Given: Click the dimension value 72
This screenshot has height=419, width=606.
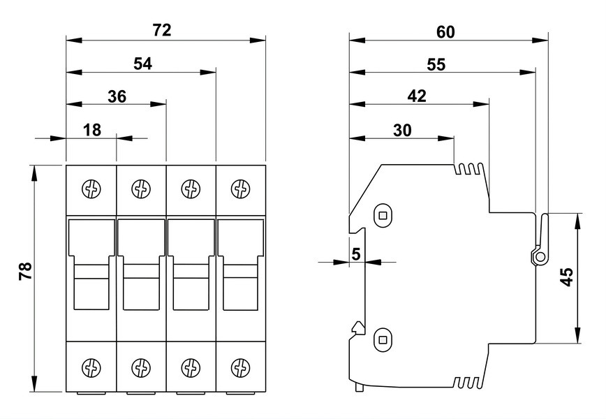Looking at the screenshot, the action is (161, 30).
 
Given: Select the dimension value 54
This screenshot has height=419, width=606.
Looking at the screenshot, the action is (142, 64).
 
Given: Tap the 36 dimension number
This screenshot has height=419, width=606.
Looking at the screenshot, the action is (117, 96).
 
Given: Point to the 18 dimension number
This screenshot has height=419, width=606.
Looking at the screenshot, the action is (92, 131).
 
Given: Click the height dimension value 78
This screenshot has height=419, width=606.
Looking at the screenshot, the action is (26, 271).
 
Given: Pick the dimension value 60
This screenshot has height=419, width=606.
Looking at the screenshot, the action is (445, 32).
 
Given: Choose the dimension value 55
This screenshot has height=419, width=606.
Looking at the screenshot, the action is (436, 64).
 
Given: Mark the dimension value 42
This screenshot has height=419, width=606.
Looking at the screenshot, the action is (417, 96).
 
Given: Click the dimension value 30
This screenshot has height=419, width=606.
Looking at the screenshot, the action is (402, 131).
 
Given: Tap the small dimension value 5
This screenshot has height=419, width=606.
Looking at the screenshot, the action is (356, 254).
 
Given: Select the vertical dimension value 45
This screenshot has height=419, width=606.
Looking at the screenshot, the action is (567, 277).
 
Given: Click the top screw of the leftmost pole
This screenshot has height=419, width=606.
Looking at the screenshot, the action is (91, 189).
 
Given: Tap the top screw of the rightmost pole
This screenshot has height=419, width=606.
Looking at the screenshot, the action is (240, 189).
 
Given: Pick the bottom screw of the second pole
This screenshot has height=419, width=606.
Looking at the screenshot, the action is (141, 367).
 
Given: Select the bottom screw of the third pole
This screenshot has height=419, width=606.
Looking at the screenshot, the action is (191, 367).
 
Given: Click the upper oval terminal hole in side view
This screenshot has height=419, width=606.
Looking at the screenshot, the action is (383, 215).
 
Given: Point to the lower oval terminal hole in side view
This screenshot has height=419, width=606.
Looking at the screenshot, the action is (383, 340).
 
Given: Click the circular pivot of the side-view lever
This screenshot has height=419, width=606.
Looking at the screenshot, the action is (540, 257).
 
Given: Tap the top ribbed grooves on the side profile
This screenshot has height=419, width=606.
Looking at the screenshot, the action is (468, 169).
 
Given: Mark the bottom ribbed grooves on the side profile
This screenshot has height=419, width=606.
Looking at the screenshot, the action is (468, 382).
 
